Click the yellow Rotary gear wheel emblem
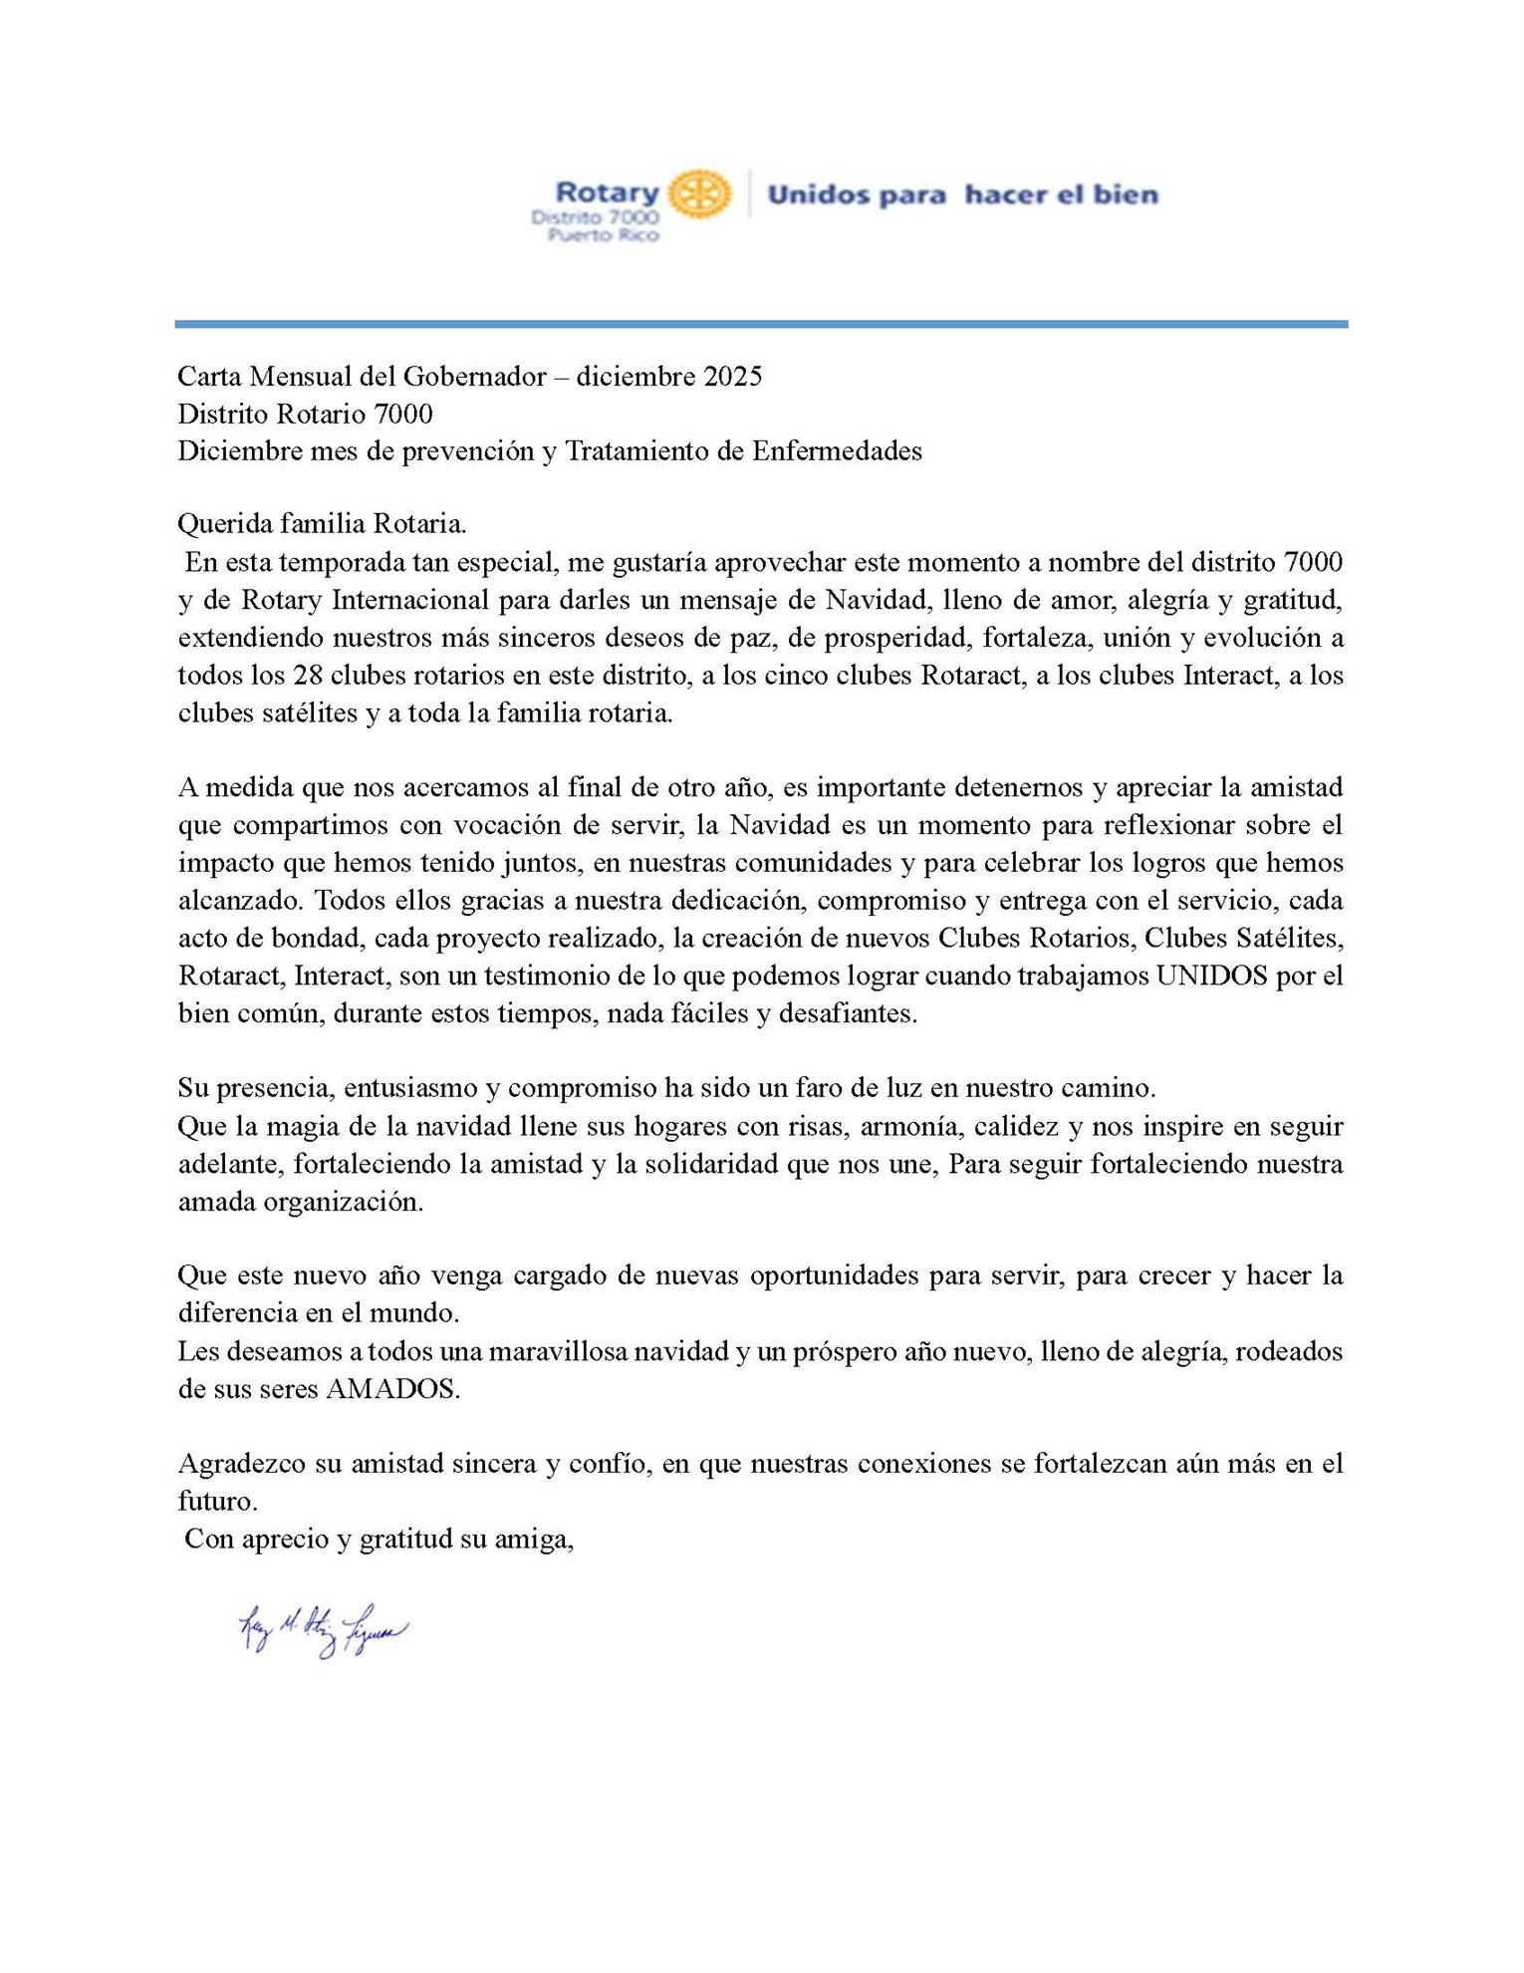(699, 193)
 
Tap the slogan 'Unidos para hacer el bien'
(962, 194)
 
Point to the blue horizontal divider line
(761, 324)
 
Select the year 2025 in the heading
(733, 377)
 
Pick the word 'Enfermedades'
(837, 451)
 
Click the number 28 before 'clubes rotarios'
(307, 676)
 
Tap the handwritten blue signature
(322, 1630)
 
